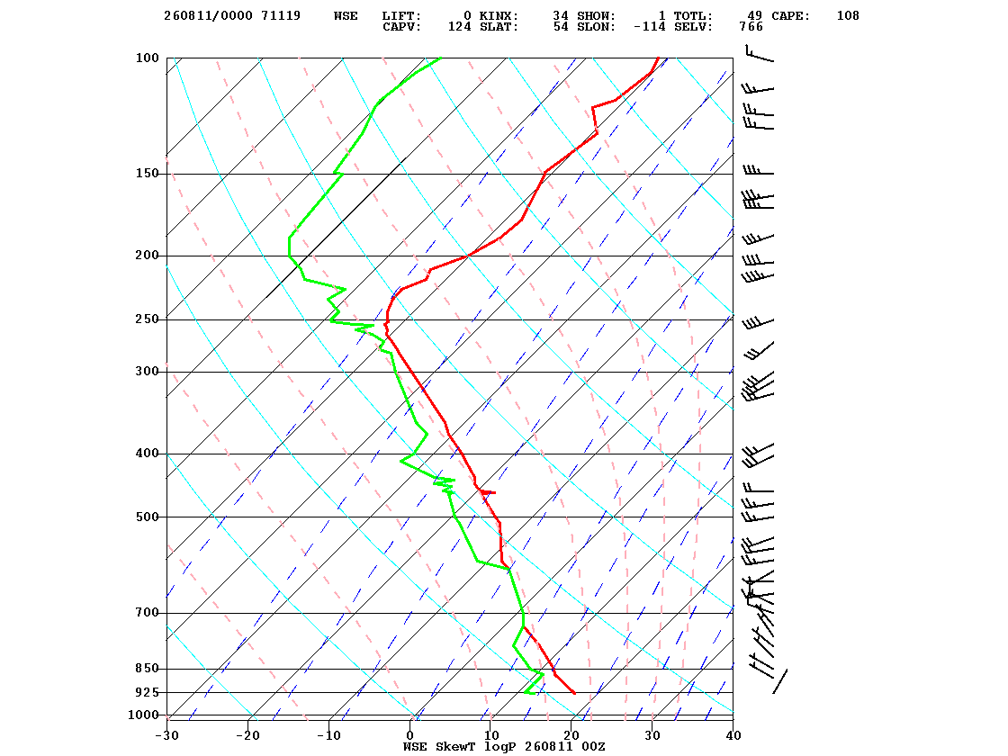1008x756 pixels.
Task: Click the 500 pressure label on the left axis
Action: [x=147, y=517]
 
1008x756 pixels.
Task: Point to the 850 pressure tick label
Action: [x=147, y=669]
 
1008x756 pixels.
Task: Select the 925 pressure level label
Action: [x=147, y=692]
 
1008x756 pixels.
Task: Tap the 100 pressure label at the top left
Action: [x=147, y=58]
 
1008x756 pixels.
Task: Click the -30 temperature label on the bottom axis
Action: [x=167, y=736]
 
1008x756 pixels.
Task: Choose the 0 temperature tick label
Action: [x=410, y=736]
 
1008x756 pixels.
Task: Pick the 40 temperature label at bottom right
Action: [x=733, y=736]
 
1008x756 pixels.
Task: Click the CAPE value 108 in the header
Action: [x=847, y=16]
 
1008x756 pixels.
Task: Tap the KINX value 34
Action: [x=561, y=16]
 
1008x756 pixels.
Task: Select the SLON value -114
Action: [x=649, y=27]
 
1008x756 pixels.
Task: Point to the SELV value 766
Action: [x=751, y=27]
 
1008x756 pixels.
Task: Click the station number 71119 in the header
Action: [x=281, y=16]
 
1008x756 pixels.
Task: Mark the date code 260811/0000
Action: [x=208, y=16]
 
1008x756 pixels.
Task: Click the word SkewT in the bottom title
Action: [x=455, y=747]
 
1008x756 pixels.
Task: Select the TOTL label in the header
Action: [x=693, y=16]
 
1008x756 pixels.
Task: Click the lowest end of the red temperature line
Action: [x=575, y=693]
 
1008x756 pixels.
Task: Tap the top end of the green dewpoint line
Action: [x=441, y=58]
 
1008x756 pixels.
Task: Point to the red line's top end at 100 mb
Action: [x=658, y=58]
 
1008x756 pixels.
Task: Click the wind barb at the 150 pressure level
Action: [x=759, y=171]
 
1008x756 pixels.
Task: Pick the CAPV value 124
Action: [x=459, y=27]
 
